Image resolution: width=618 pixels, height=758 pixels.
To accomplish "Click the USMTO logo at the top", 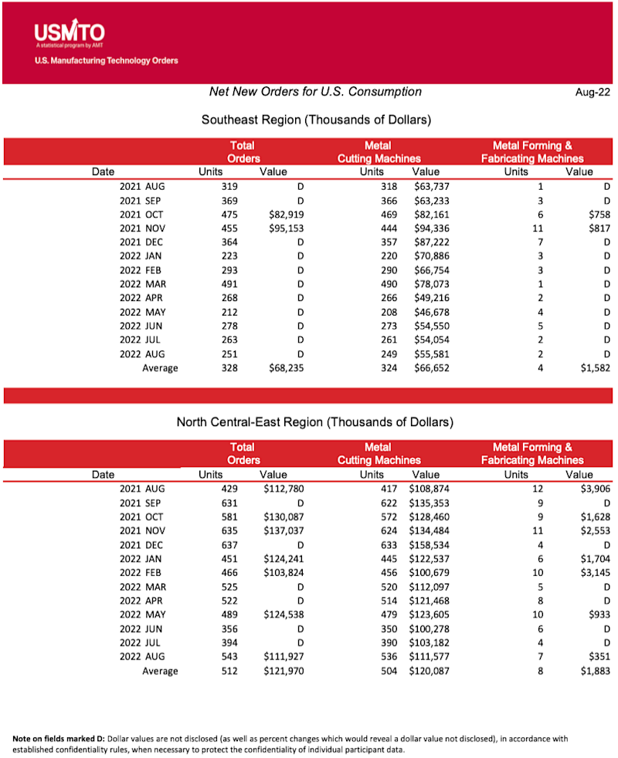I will click(70, 33).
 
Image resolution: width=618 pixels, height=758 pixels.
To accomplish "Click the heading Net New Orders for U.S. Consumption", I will click(315, 92).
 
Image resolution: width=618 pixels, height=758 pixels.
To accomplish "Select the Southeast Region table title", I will click(316, 120).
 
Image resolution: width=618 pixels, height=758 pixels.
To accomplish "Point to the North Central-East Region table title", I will click(315, 422).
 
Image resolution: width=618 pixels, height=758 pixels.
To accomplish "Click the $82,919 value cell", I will click(282, 215).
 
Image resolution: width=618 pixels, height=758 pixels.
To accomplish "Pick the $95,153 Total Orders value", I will click(282, 228).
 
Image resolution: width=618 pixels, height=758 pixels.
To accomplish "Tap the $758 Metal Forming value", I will click(598, 215).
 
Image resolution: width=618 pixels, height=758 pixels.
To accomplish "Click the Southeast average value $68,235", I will click(282, 368).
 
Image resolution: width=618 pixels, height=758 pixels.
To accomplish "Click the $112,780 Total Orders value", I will click(280, 489).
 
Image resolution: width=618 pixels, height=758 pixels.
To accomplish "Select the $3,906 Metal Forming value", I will click(595, 489).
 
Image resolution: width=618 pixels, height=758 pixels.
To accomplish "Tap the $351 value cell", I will click(600, 656).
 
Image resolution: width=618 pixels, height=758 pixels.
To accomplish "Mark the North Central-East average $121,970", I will click(280, 670).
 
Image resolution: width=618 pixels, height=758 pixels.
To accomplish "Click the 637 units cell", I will click(229, 544).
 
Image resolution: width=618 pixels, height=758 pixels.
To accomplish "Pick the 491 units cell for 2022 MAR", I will click(229, 284).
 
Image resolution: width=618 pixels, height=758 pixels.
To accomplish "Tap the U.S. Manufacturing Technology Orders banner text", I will click(107, 60).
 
